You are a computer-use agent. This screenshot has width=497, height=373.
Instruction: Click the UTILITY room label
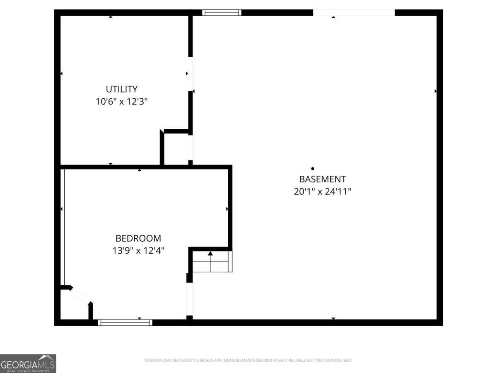121,89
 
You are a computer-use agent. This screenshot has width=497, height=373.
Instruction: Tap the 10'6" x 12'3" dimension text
121,102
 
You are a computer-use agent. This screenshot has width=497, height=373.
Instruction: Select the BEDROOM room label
138,238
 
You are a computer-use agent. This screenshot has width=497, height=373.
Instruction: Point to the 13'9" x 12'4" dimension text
138,251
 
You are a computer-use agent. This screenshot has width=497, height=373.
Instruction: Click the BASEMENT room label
322,179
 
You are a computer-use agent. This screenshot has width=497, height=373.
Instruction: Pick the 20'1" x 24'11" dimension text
322,191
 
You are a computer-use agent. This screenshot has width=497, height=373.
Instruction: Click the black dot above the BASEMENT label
313,168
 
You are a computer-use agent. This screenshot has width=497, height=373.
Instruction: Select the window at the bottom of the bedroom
125,322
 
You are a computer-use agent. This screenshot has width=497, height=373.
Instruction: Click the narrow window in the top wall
222,12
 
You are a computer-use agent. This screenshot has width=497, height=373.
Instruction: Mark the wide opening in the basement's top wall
354,12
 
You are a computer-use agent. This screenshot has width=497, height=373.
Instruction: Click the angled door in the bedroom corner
81,295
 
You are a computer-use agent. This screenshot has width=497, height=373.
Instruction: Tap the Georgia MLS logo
28,363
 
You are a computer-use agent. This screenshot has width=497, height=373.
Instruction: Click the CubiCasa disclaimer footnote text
248,361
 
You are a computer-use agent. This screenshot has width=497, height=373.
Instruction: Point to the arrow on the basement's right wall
436,91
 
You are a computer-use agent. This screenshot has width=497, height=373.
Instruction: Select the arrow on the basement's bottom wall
333,318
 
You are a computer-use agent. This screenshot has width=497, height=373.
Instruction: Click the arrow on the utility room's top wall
111,17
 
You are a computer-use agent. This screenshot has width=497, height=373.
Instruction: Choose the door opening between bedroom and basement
189,299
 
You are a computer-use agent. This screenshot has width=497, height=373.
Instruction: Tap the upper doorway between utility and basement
190,74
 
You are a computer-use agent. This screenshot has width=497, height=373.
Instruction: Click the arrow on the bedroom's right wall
227,209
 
